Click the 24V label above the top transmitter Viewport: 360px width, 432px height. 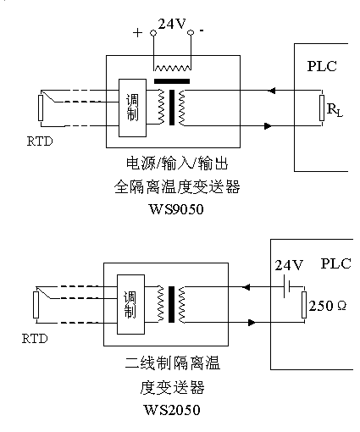(172, 24)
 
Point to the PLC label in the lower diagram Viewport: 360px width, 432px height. (335, 264)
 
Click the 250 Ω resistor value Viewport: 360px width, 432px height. (330, 306)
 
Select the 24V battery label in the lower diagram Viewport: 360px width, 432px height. (288, 265)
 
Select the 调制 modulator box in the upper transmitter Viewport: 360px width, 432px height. (131, 106)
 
